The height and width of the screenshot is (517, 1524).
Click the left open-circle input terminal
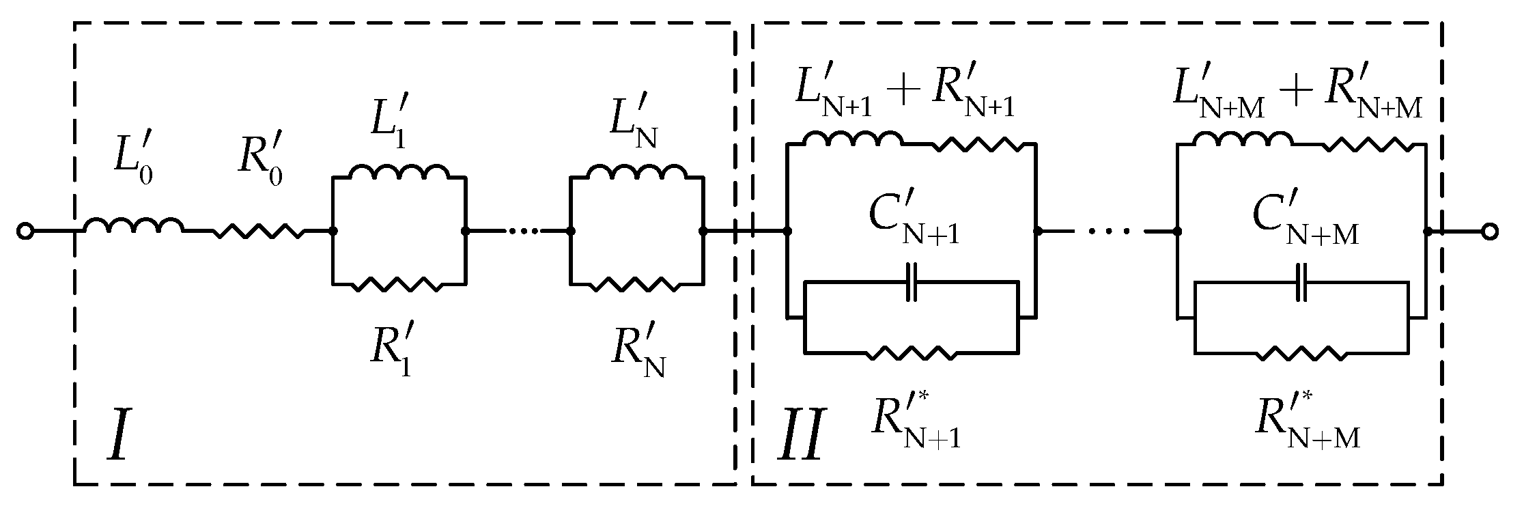[24, 232]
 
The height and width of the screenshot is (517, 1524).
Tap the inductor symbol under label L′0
[133, 226]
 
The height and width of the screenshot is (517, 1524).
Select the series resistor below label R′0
[260, 232]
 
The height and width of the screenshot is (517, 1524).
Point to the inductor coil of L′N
[637, 172]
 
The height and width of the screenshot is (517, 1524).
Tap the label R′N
[637, 355]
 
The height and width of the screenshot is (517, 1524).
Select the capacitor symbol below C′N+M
[1302, 281]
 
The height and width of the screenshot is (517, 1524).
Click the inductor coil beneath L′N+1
[852, 139]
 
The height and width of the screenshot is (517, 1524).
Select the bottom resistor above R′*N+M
[1301, 353]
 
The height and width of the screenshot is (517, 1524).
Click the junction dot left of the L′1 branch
[333, 232]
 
